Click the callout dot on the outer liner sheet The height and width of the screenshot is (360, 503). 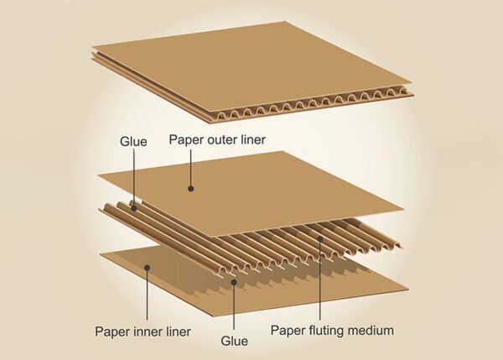(191, 189)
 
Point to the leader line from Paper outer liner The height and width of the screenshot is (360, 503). (191, 168)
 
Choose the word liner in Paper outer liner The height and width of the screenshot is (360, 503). (253, 139)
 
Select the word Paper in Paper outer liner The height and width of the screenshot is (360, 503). (185, 139)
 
